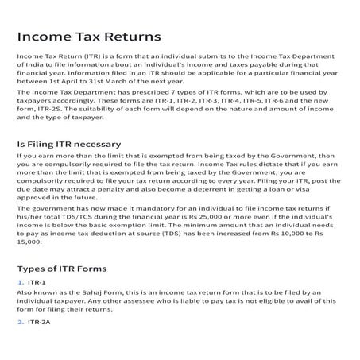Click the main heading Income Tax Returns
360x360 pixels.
coord(88,37)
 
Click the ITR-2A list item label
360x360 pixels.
coord(39,322)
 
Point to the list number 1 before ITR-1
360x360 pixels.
coord(20,282)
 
